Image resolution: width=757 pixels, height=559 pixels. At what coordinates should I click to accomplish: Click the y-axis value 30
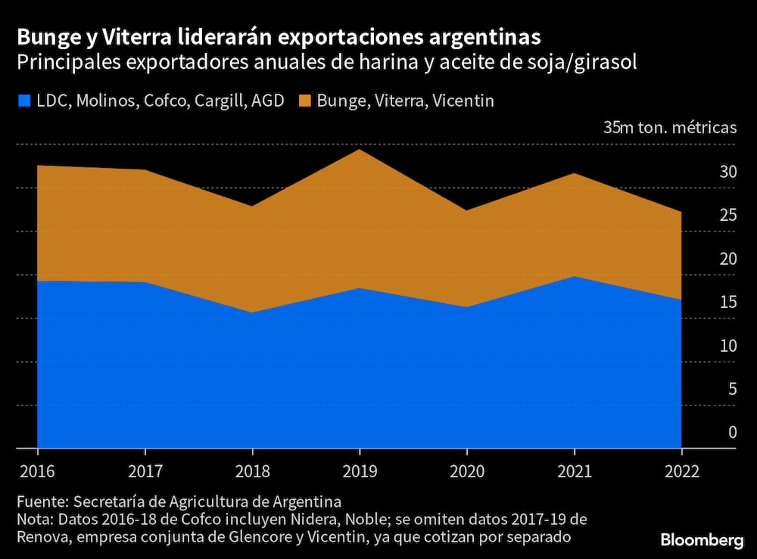[x=727, y=172]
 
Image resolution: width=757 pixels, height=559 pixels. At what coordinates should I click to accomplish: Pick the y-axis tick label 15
[x=727, y=303]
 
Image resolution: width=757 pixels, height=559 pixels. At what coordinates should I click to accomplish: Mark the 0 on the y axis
[x=732, y=433]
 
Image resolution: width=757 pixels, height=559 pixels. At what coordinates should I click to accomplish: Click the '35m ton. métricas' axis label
[x=669, y=127]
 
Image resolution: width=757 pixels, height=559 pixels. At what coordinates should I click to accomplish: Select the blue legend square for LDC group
[x=23, y=100]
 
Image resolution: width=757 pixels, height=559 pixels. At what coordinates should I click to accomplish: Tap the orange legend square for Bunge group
[x=305, y=100]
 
